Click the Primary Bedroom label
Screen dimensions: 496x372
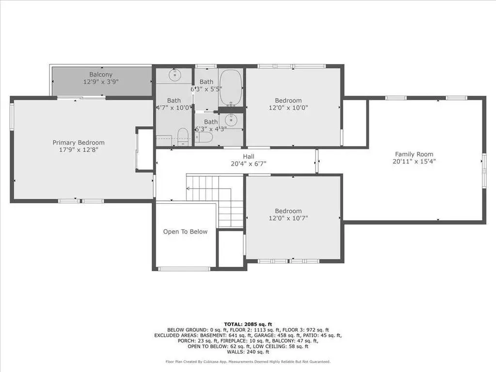[x=79, y=143]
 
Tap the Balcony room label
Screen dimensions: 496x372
[x=100, y=75]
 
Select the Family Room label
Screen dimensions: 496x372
[x=414, y=154]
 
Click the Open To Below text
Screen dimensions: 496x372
[x=185, y=231]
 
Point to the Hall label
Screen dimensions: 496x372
[x=249, y=156]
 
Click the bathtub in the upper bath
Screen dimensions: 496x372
[x=231, y=88]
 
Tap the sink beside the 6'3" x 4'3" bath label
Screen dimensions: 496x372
[x=232, y=120]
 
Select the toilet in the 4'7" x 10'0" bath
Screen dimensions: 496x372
[x=183, y=137]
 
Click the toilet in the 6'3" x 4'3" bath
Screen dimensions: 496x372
[x=204, y=137]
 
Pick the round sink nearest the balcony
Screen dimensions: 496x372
[x=174, y=75]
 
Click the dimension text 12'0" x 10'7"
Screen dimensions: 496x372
[x=288, y=218]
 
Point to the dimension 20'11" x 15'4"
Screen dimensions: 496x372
[x=414, y=162]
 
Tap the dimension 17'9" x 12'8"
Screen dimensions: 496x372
[x=79, y=149]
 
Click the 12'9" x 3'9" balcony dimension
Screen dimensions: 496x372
[x=100, y=82]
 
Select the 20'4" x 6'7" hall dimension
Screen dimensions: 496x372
[x=249, y=164]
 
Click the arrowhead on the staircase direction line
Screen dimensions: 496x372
[x=188, y=189]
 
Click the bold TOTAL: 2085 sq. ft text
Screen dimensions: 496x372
[x=248, y=324]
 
